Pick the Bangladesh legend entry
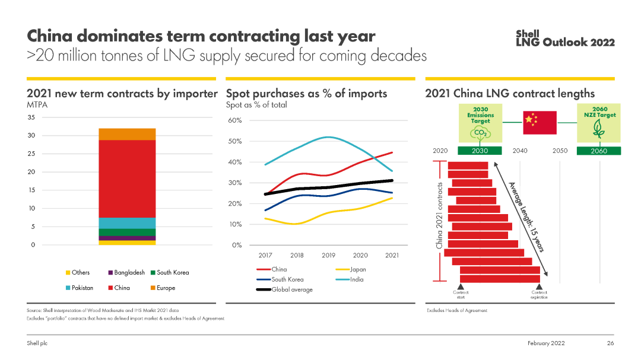[x=126, y=272]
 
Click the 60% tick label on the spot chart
[x=235, y=121]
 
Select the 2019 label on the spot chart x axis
[x=328, y=255]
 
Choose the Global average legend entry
[x=285, y=289]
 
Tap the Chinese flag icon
[x=540, y=122]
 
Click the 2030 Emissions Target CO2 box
[x=480, y=123]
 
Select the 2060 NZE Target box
[x=599, y=123]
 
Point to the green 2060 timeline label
[x=599, y=151]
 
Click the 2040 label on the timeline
[x=519, y=151]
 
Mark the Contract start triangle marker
[x=461, y=287]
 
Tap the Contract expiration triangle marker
[x=539, y=287]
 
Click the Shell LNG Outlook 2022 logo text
[x=564, y=38]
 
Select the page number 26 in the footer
[x=610, y=343]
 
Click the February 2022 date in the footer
[x=546, y=343]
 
